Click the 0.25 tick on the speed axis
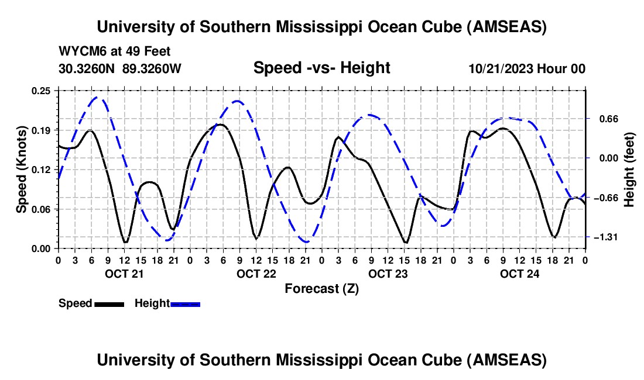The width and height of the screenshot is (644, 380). point(43,90)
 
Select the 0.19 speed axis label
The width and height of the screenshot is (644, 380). point(43,130)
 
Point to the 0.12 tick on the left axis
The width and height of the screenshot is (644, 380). point(43,170)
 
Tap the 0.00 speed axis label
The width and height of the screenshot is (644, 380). point(43,248)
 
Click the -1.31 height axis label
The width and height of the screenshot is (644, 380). point(607,237)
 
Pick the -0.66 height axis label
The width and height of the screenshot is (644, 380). point(607,198)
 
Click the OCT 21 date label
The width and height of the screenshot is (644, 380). point(124,274)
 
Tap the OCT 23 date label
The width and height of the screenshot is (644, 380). point(388,274)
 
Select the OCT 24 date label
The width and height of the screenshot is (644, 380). point(519,274)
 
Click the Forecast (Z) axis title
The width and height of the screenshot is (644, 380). point(321,289)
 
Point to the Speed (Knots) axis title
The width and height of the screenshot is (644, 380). point(22,170)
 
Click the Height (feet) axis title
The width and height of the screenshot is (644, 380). point(629,170)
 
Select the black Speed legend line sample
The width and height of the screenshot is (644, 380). point(109,304)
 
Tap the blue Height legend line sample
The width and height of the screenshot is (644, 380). point(186,304)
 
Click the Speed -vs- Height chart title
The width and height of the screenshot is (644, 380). point(321,68)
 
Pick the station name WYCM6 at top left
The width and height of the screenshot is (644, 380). point(80,51)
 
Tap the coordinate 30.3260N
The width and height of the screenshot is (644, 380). point(88,69)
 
